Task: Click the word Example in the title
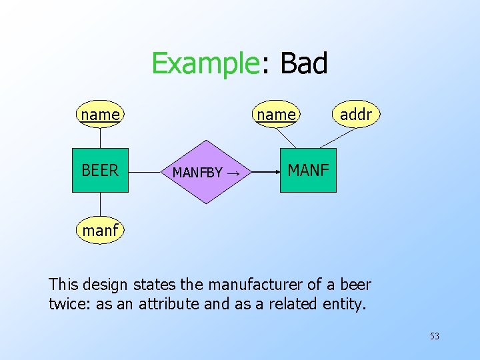point(205,64)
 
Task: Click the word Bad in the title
point(304,64)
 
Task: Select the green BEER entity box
point(100,171)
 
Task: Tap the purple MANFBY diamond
point(206,172)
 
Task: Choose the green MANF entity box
point(308,171)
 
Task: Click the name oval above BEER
point(100,115)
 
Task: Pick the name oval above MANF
point(276,115)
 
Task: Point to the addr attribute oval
point(355,115)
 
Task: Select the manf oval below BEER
point(100,231)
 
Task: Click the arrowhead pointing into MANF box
point(276,171)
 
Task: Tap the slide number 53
point(434,336)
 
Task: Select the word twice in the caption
point(66,304)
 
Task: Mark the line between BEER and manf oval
point(100,205)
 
